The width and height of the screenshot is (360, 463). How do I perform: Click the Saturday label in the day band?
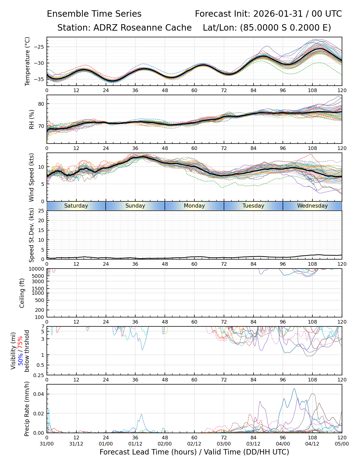pos(76,206)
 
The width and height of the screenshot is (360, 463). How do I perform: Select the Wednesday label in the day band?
pos(312,206)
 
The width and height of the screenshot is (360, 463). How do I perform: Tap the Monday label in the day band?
pos(194,206)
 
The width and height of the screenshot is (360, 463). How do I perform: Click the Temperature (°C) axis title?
pos(28,61)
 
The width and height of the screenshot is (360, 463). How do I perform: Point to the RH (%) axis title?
pos(32,119)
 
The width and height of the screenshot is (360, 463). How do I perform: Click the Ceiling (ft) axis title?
pos(22,293)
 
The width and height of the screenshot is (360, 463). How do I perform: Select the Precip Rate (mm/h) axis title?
pos(27,408)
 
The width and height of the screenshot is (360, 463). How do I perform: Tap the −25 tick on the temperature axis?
pos(39,47)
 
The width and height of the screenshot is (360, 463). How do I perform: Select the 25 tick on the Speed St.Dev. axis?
pos(41,211)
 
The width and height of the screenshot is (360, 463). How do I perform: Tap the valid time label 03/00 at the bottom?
pos(224,444)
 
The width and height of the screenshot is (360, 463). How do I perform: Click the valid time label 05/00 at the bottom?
pos(342,444)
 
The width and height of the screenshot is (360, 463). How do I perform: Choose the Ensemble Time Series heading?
pos(94,14)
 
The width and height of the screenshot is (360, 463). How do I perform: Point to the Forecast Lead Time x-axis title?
pos(194,452)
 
